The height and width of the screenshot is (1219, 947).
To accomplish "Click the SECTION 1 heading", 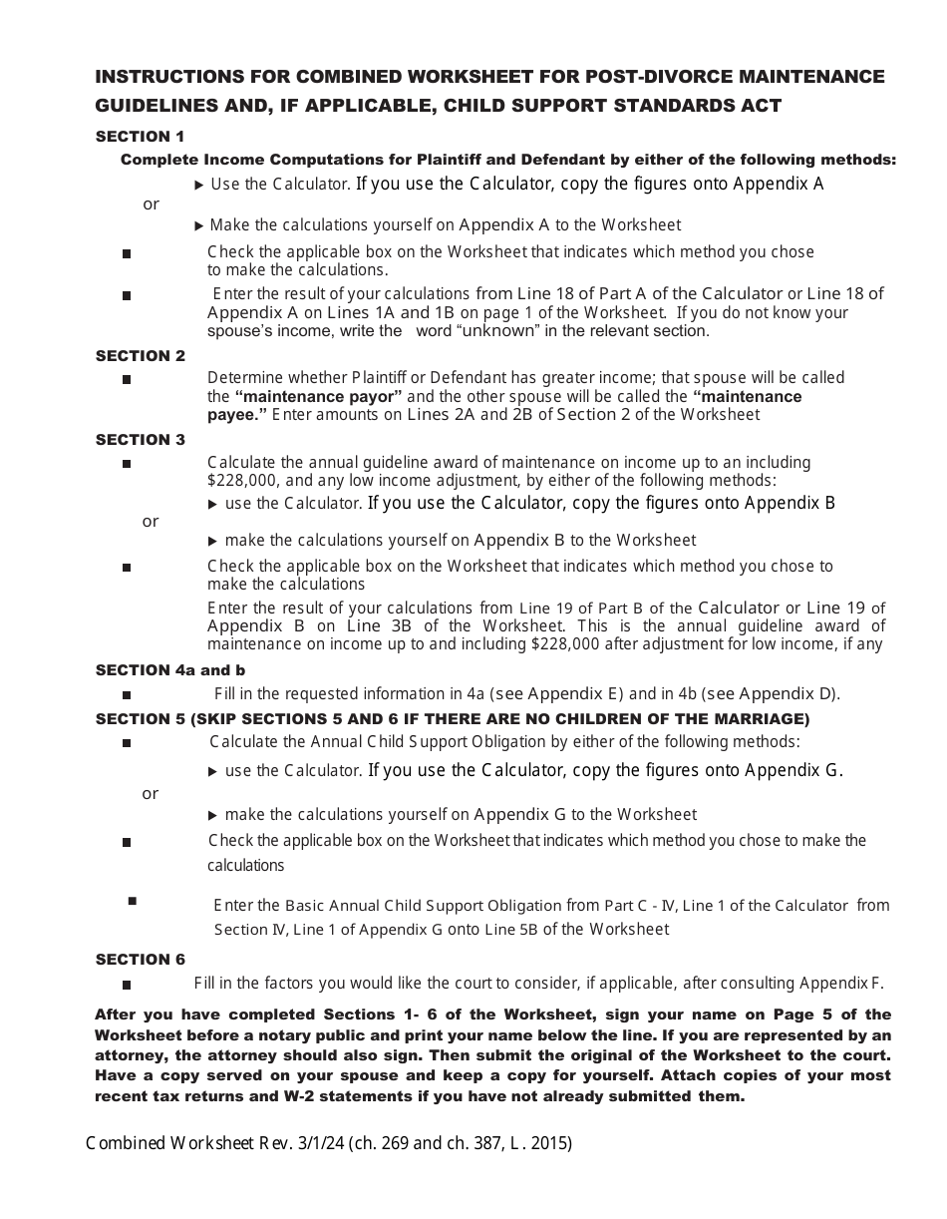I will click(140, 137).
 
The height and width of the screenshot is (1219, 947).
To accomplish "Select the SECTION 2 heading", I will click(140, 356).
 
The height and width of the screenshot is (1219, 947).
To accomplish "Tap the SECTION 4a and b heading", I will click(169, 670).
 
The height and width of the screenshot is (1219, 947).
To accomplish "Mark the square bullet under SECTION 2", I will click(127, 379).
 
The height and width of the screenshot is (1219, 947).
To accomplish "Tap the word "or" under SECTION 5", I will click(151, 794).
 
